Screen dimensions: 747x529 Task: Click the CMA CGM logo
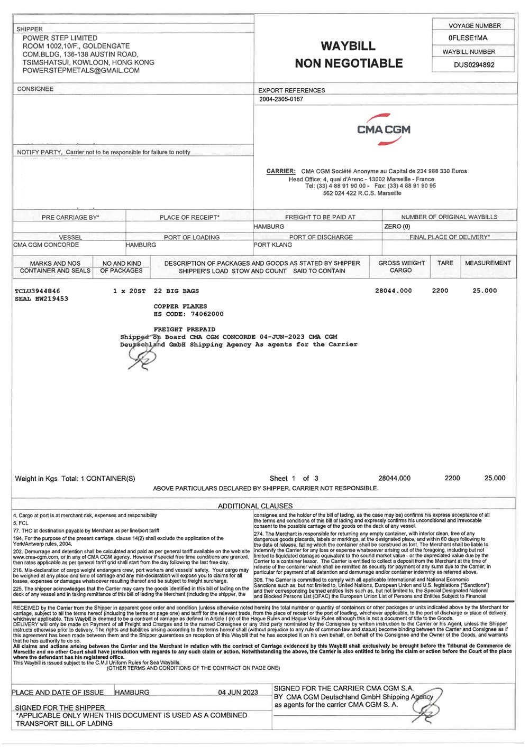point(384,128)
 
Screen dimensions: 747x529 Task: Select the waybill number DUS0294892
point(475,66)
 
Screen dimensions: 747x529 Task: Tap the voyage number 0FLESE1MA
point(468,38)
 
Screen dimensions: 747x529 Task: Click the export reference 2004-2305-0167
point(281,99)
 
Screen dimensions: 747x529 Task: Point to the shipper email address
point(81,70)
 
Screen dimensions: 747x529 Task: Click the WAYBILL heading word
point(348,46)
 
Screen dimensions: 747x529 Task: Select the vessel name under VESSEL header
point(46,245)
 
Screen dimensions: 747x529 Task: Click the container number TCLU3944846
point(38,291)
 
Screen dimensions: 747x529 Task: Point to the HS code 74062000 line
point(188,314)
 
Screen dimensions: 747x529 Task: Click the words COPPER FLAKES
point(180,306)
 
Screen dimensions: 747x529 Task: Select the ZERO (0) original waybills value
point(397,227)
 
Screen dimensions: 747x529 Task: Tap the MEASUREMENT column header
point(488,263)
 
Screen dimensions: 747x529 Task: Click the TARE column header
point(445,263)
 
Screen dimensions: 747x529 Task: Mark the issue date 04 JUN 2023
point(238,693)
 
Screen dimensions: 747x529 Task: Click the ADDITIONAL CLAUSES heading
point(255,506)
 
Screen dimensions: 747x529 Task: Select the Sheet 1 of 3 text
point(294,479)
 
